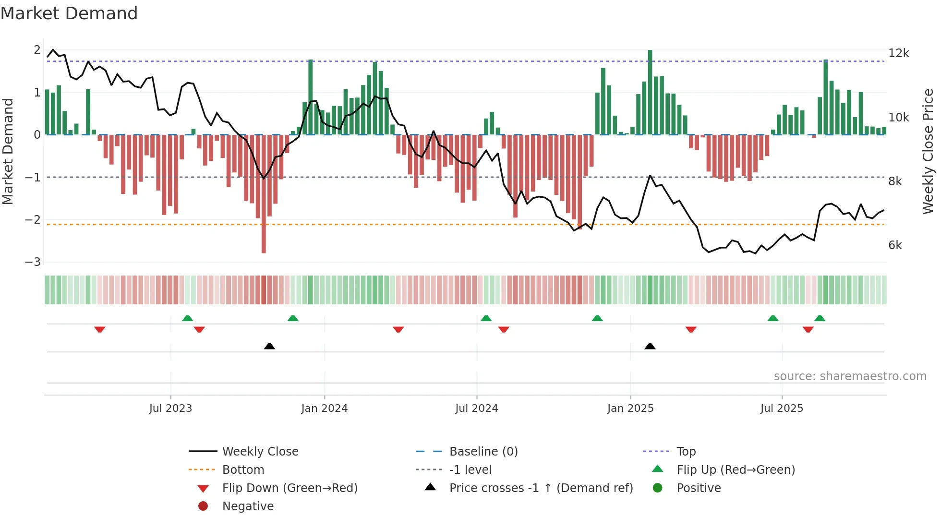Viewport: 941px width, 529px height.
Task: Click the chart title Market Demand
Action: point(69,13)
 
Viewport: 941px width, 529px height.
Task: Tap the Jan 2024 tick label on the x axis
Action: point(324,409)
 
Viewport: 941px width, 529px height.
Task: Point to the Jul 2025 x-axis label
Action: point(781,409)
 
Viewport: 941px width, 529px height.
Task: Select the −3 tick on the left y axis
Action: point(33,262)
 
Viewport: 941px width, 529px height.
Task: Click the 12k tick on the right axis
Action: point(898,53)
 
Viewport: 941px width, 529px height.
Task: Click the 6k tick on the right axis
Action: point(895,245)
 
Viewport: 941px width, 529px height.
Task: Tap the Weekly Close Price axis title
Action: point(928,151)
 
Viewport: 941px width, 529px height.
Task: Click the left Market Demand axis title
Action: point(8,151)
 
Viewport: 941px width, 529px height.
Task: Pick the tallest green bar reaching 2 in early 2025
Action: point(650,91)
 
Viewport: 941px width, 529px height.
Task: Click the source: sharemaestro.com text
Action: point(850,376)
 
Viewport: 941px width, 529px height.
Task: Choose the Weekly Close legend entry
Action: point(260,452)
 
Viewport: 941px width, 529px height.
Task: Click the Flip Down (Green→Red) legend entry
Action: point(290,488)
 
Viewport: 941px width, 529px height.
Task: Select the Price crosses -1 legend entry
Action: point(541,488)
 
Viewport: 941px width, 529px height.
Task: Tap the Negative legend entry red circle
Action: point(203,506)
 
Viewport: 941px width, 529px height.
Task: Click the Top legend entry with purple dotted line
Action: point(686,452)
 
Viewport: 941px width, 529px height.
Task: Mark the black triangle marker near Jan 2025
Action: point(650,347)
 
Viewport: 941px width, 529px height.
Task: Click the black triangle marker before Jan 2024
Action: point(269,347)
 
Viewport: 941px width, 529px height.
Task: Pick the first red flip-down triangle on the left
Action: point(100,329)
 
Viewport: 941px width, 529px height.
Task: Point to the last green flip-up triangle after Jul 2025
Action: point(820,318)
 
